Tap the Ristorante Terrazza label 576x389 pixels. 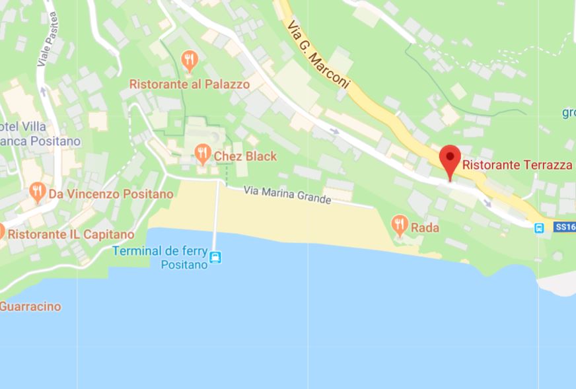517,165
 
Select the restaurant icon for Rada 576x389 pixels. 400,225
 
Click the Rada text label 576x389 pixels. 425,228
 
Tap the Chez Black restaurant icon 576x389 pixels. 203,155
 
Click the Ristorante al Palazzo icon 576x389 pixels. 190,61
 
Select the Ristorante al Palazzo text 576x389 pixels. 190,85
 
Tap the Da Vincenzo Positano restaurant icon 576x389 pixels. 38,192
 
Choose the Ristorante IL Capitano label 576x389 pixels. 71,234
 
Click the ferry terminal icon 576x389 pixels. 215,258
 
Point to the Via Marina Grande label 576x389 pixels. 287,195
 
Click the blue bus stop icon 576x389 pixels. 539,228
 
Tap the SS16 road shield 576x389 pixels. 565,227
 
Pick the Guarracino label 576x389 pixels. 30,306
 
